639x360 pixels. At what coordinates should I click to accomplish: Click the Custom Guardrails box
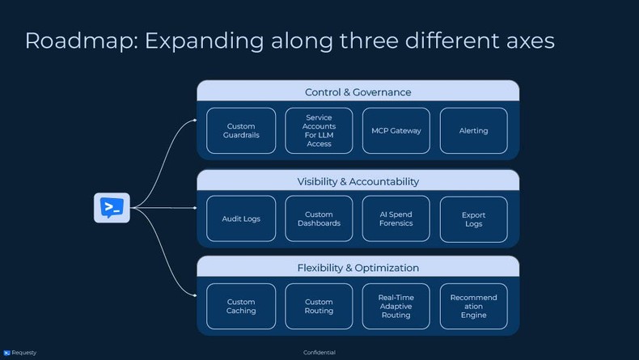coord(240,130)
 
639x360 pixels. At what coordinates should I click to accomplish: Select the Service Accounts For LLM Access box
coord(319,130)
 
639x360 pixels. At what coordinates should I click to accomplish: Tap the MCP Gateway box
coord(396,130)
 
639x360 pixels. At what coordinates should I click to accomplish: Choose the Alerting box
coord(473,130)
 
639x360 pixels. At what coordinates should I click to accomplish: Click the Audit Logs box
coord(240,218)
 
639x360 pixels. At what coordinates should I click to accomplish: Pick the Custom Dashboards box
coord(319,218)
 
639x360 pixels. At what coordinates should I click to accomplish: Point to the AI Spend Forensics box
coord(396,218)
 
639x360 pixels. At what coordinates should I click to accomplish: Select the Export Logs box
coord(473,219)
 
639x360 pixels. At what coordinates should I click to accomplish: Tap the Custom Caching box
coord(240,306)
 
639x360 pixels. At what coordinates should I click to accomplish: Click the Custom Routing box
coord(319,306)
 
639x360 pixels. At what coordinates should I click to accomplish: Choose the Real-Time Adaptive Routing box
coord(396,306)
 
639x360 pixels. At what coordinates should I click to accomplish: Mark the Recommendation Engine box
coord(473,306)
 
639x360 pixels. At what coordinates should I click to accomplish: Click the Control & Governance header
coord(358,91)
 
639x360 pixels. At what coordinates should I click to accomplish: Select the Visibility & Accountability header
coord(358,180)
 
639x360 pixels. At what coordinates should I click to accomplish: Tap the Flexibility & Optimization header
coord(358,267)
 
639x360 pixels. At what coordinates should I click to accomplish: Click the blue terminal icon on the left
coord(112,208)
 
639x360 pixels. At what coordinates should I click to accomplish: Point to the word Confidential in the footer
coord(319,353)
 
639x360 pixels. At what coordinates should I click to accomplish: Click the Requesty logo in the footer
coord(20,353)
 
